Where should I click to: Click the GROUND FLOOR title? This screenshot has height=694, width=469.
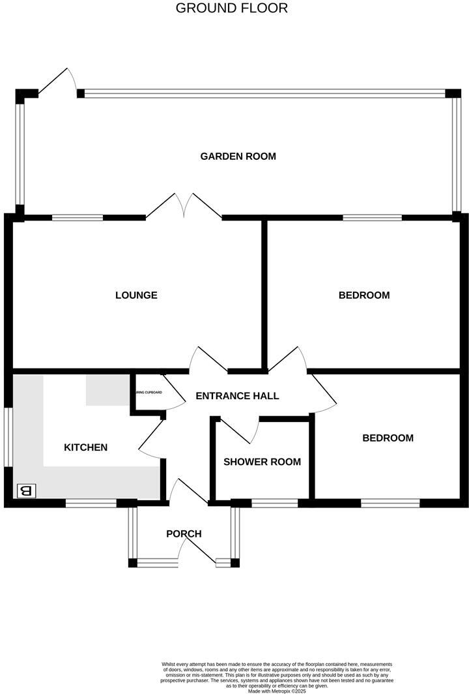[x=232, y=8]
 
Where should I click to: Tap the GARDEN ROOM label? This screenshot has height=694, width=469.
[x=238, y=157]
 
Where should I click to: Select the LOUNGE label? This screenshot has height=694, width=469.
[x=136, y=295]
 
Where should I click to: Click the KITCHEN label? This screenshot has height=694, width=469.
[x=85, y=447]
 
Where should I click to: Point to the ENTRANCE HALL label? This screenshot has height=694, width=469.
[x=237, y=396]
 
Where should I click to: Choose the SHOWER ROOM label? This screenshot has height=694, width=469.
[x=262, y=462]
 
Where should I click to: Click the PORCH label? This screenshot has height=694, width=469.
[x=184, y=534]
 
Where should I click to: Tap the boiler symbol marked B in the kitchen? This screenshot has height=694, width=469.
[x=27, y=490]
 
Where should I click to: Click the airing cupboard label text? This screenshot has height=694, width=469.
[x=149, y=393]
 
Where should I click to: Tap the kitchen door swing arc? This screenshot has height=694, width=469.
[x=151, y=437]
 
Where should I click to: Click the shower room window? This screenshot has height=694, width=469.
[x=274, y=503]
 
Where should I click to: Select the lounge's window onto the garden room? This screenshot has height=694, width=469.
[x=78, y=218]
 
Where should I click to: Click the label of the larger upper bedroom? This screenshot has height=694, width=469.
[x=363, y=295]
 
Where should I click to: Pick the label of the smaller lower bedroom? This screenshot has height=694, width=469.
[x=388, y=438]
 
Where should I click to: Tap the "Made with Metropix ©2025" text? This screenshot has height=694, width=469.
[x=277, y=691]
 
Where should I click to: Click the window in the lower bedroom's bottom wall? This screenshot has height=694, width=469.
[x=390, y=503]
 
